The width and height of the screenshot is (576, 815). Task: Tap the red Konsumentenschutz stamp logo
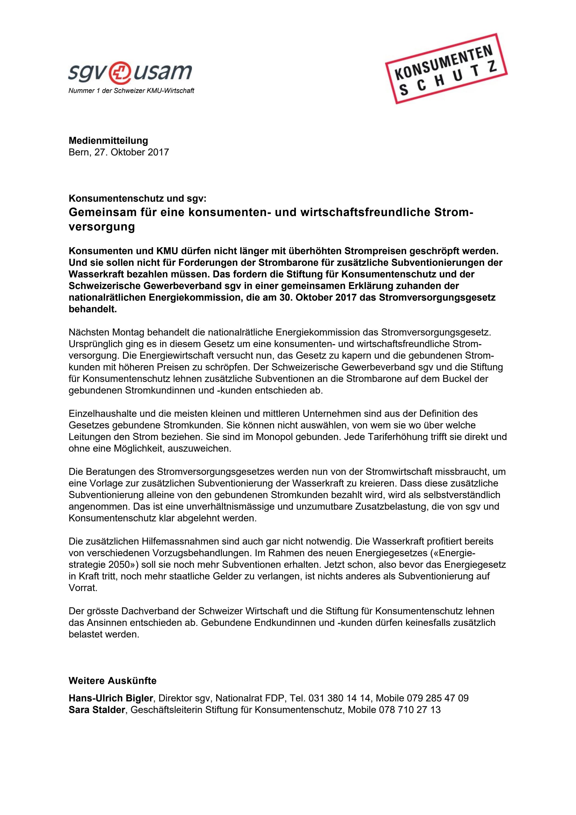coord(446,69)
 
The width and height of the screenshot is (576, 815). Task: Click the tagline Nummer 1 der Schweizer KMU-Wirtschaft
coord(131,91)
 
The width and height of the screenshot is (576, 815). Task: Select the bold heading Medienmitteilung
coord(108,141)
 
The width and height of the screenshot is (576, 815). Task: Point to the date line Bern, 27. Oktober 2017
coord(118,152)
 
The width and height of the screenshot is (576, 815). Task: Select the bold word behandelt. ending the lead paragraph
coord(93,309)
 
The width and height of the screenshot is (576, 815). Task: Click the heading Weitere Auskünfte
coord(112,681)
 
